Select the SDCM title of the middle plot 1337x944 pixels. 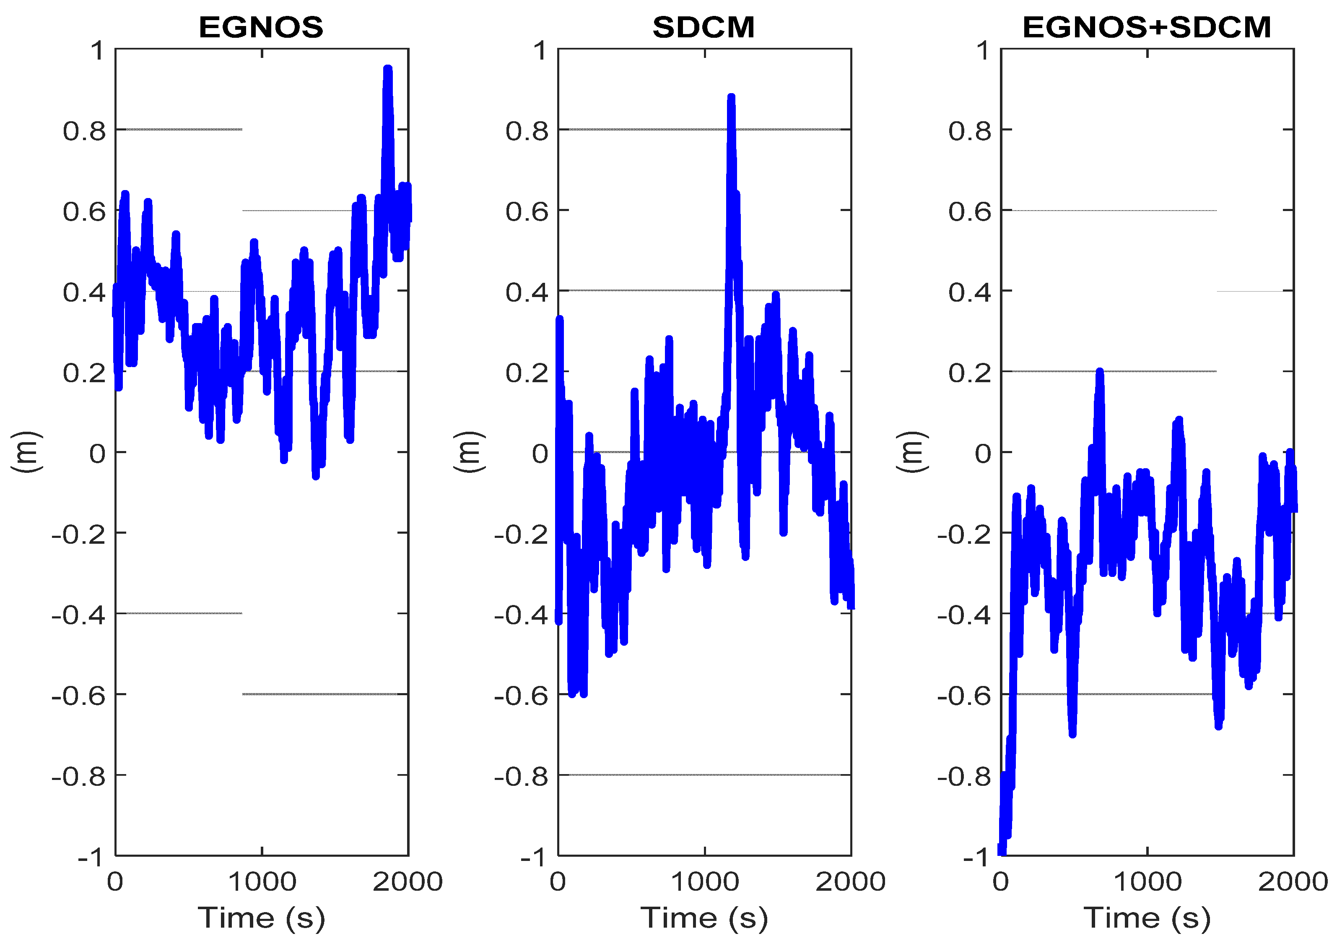pyautogui.click(x=704, y=27)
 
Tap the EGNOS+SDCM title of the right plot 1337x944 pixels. pyautogui.click(x=1147, y=27)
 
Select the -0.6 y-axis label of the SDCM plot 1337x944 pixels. pyautogui.click(x=521, y=696)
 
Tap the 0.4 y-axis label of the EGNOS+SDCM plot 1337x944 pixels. pyautogui.click(x=970, y=292)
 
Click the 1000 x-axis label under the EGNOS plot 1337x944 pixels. pyautogui.click(x=262, y=881)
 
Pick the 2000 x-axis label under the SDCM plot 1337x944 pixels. pyautogui.click(x=850, y=881)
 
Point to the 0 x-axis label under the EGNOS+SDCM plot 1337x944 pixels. pyautogui.click(x=1001, y=881)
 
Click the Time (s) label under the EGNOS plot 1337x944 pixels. pyautogui.click(x=262, y=918)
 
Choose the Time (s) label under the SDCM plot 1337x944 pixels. pyautogui.click(x=704, y=918)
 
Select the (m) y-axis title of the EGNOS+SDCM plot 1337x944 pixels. pyautogui.click(x=912, y=452)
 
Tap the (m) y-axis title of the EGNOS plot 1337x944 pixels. pyautogui.click(x=27, y=452)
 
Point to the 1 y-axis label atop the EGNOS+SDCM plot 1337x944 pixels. pyautogui.click(x=984, y=51)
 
